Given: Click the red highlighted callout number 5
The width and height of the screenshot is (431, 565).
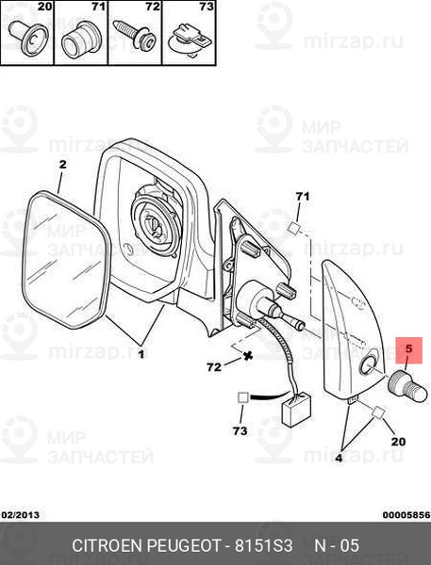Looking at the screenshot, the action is coord(408,348).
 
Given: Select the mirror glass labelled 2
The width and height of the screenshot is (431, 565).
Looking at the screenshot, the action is coord(66,260).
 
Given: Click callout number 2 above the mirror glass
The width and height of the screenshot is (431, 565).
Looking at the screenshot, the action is coord(63,165).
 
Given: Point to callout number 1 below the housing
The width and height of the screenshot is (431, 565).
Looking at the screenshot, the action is coord(141,354).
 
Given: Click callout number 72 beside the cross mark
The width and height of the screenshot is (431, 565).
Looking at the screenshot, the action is coord(214,367).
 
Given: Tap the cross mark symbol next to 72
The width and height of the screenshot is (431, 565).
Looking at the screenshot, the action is coord(248,356).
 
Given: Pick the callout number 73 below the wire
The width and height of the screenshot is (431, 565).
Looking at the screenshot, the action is coord(240,430).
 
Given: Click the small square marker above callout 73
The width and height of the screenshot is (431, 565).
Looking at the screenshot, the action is coord(242,397).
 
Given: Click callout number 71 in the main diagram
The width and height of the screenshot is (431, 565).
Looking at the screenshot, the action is coord(303,197).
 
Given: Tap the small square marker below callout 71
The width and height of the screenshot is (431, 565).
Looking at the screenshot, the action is coord(294,229).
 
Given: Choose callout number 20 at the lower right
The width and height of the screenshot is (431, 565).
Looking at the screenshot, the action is coord(399,441).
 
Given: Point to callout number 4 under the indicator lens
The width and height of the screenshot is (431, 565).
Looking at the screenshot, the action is coord(339,458).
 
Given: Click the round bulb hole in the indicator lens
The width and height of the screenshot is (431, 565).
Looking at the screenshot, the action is coord(368,365).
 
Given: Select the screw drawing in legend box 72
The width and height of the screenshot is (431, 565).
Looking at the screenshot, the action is coord(135,35).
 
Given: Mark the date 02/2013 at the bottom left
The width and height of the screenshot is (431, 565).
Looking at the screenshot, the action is coord(20,515).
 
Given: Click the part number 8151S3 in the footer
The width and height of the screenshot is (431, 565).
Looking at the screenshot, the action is coord(263,545).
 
